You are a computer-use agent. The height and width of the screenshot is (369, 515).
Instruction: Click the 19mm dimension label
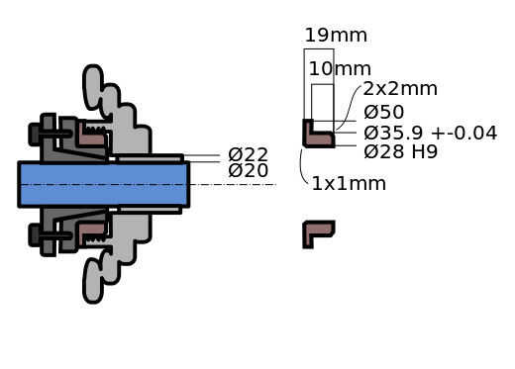tap(336, 36)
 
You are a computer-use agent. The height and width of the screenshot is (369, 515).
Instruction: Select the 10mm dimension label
tap(340, 69)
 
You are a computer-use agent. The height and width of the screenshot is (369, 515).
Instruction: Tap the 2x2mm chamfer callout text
tap(400, 89)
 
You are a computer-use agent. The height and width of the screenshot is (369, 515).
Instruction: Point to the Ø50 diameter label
tap(383, 112)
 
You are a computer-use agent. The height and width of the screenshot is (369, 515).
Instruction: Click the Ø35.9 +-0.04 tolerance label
tap(431, 133)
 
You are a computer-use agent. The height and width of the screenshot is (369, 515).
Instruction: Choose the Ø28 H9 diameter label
tap(400, 151)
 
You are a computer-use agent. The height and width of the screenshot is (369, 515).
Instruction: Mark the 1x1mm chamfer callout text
tap(349, 184)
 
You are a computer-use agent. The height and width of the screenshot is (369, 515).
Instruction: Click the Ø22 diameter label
tap(248, 154)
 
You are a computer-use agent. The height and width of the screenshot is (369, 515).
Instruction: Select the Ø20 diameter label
tap(248, 171)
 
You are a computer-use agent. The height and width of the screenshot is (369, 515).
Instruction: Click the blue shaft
tap(104, 185)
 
